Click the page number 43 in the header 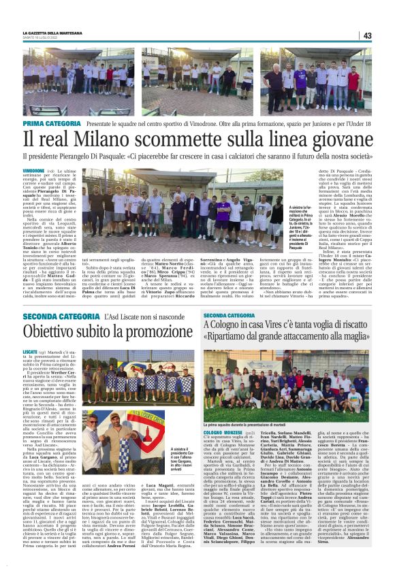point(366,35)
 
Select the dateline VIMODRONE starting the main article point(33,169)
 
